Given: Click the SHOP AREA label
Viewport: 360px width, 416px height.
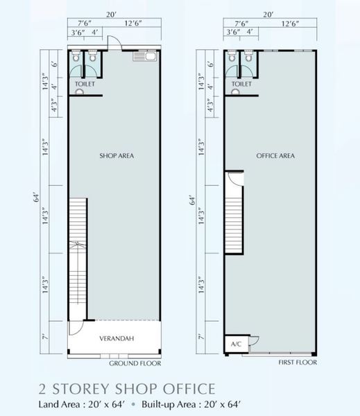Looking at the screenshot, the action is coord(117,156).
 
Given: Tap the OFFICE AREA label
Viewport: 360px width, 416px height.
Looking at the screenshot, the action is coord(275,156).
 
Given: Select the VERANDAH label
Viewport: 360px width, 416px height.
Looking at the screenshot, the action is coord(117,338).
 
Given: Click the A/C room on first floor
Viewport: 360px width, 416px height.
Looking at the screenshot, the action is coord(237,344).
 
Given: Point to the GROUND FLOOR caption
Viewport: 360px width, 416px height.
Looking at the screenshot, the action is coord(135,363).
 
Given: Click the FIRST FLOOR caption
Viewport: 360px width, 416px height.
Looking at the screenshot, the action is coord(298,363).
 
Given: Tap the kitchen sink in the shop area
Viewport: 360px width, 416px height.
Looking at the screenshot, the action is coord(146,56).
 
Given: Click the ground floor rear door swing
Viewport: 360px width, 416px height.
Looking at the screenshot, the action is coord(114,42).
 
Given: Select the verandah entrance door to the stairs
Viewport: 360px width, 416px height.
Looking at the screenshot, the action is coord(76,328).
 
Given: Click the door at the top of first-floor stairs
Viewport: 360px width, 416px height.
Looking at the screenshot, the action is coord(236,179).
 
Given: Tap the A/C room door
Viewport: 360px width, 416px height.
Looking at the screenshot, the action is coord(254,341).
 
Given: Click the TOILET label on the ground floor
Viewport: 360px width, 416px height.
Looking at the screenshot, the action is coord(85,84).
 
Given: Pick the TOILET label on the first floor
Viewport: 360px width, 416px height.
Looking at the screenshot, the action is coord(241,84).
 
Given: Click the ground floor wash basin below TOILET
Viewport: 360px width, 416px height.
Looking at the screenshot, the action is coord(79,92).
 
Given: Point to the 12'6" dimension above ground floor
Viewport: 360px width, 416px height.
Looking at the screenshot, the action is coord(133,24).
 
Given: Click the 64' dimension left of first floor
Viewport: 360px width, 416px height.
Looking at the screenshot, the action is coord(194,200).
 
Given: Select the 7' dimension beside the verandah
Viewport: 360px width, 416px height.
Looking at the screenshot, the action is coord(45,337).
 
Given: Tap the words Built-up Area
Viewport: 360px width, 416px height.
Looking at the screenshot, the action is coord(169,405).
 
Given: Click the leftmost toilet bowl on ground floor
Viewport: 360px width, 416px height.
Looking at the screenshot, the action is coord(76,57).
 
